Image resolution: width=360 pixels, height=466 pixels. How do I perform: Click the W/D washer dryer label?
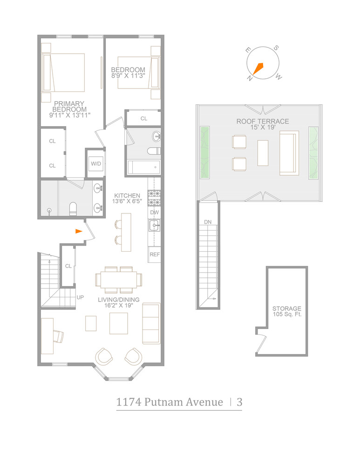click(96, 164)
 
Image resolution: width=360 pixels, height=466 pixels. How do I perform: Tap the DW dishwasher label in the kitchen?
click(154, 212)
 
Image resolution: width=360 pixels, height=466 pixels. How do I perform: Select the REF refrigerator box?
click(154, 254)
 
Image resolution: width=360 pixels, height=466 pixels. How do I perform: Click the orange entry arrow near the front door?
click(79, 231)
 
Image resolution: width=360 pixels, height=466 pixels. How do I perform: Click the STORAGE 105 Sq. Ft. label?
click(286, 312)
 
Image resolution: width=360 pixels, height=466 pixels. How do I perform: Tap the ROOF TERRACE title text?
click(262, 122)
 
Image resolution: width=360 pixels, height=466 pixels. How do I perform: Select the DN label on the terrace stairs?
click(208, 222)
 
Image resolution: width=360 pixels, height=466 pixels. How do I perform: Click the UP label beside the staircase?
click(80, 296)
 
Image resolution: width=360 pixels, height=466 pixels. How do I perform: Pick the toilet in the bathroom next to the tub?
click(153, 151)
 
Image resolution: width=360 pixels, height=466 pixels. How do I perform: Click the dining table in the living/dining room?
click(119, 280)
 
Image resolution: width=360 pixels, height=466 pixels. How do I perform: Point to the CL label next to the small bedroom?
click(144, 119)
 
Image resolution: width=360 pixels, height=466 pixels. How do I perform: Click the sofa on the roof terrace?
click(289, 153)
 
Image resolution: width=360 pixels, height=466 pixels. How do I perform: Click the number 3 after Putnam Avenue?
click(239, 402)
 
